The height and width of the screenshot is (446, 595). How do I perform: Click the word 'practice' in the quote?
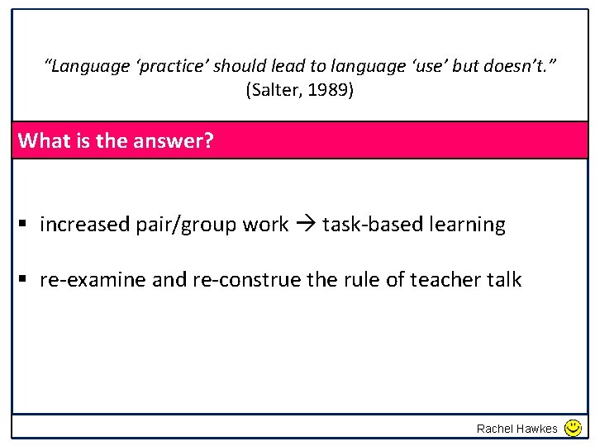point(173,65)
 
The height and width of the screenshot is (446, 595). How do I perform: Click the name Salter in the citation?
point(278,90)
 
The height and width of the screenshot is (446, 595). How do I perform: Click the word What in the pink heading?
point(45,140)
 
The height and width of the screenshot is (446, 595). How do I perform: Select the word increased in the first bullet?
point(84,225)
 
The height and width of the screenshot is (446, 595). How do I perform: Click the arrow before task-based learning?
point(306,225)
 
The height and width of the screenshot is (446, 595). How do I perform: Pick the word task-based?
point(370,225)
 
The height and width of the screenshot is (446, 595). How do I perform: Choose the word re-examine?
point(93,280)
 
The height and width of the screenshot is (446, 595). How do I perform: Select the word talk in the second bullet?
point(504,280)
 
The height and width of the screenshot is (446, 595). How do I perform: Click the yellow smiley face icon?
point(573,428)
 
